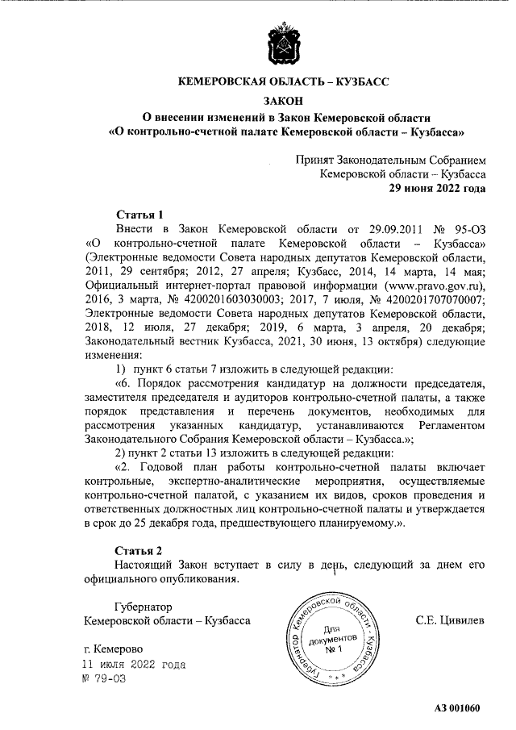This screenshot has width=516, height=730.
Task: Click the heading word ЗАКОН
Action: pyautogui.click(x=283, y=100)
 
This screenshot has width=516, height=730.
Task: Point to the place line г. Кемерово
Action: pyautogui.click(x=114, y=649)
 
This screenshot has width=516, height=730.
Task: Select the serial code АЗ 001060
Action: pyautogui.click(x=456, y=709)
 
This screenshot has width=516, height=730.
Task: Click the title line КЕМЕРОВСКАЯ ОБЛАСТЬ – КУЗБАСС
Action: pyautogui.click(x=283, y=82)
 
